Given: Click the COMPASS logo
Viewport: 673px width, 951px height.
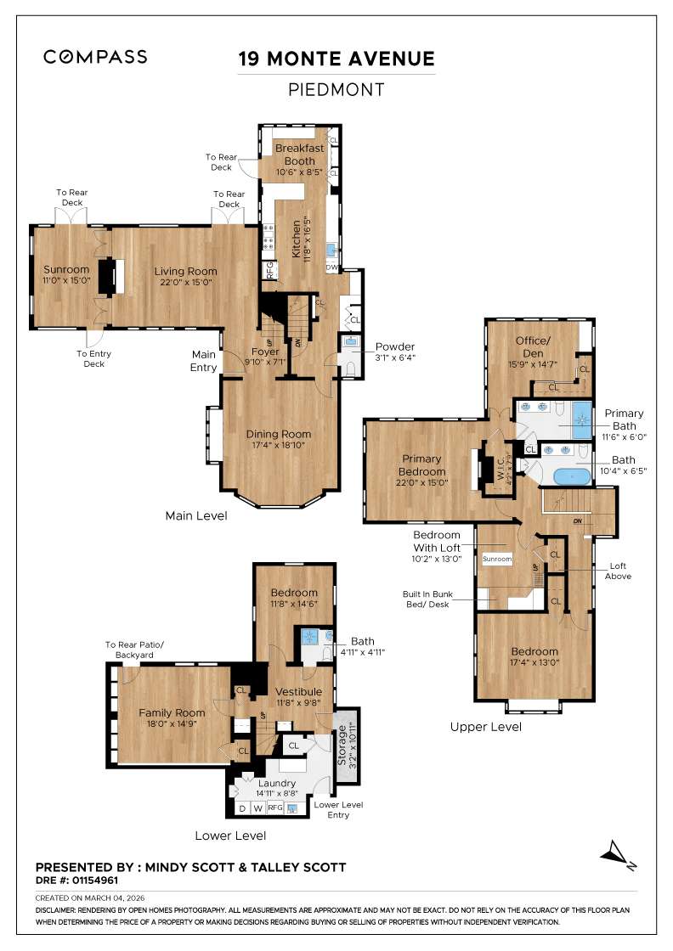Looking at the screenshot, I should [x=95, y=57].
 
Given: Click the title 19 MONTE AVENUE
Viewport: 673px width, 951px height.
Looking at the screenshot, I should [x=336, y=59].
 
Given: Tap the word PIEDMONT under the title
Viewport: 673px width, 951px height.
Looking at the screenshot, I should [x=336, y=90].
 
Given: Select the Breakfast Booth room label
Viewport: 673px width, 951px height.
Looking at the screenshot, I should [x=299, y=154].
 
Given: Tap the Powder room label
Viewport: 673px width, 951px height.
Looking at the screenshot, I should [x=394, y=346].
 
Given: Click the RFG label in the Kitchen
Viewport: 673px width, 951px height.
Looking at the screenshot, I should [x=270, y=271].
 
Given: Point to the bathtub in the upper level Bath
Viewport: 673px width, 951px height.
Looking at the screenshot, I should [x=571, y=475].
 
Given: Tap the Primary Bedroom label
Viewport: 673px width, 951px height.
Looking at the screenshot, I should [x=422, y=465].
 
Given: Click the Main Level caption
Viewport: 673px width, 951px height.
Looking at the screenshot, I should [x=196, y=515].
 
